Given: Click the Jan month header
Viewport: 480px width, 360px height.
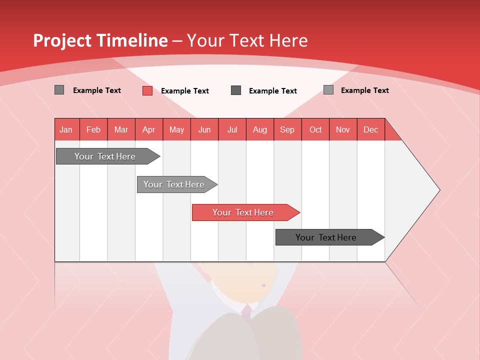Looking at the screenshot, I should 66,129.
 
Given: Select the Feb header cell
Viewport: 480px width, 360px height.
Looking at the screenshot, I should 93,129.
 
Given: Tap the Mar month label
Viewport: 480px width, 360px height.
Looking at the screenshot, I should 121,129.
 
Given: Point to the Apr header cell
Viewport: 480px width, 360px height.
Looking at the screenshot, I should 148,129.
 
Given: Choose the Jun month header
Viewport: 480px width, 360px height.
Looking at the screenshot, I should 204,129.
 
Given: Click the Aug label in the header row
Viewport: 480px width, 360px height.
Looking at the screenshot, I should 260,129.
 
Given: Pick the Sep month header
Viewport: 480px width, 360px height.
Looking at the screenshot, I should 287,129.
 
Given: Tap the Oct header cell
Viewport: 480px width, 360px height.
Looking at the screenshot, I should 315,129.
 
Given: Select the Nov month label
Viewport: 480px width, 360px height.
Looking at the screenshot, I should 343,129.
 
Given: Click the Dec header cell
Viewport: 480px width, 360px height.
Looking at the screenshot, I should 370,129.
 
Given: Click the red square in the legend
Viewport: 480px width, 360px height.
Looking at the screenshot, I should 147,90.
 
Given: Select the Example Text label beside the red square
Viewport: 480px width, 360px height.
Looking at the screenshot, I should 185,91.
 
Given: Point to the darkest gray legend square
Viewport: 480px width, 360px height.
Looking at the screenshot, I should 236,90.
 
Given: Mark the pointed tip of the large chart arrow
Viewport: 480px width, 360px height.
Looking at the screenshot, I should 439,190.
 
